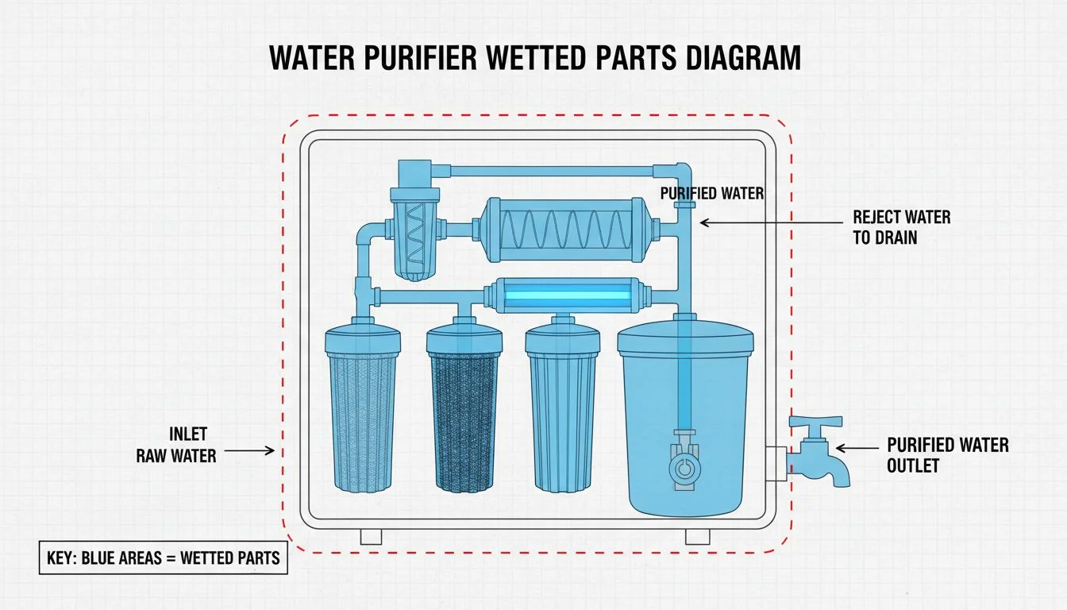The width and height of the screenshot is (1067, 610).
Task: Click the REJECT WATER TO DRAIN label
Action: tap(901, 226)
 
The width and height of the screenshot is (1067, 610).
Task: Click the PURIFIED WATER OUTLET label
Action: tap(947, 454)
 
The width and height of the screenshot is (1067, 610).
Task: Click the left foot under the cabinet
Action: tap(371, 537)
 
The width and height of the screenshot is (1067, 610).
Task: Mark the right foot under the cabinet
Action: tap(697, 537)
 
